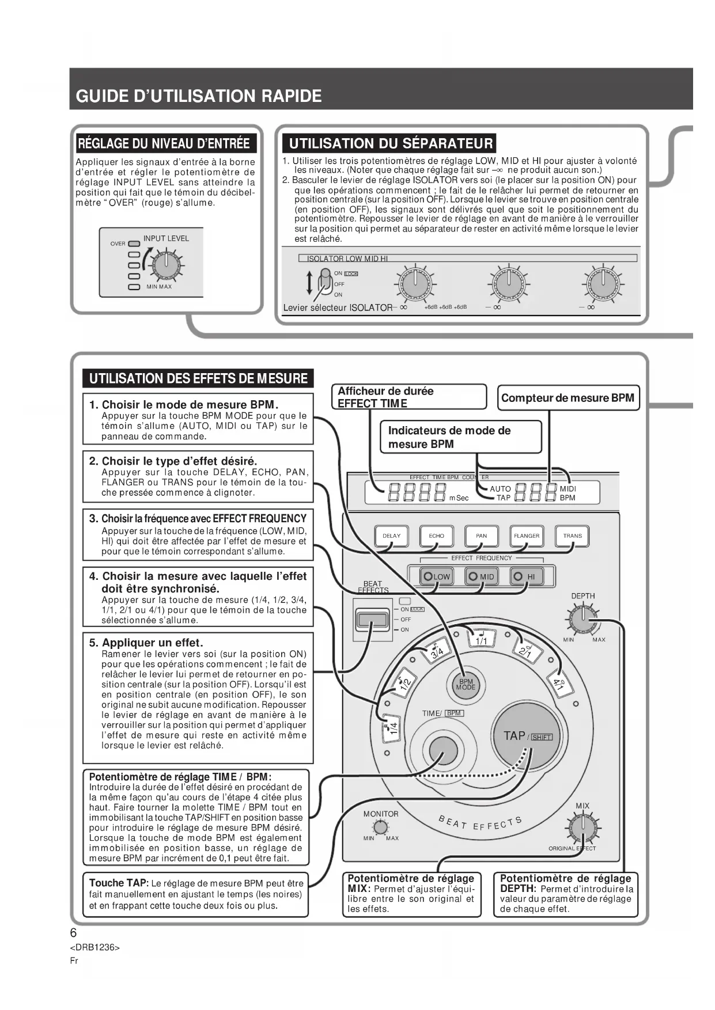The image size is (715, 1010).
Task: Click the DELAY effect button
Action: pyautogui.click(x=391, y=536)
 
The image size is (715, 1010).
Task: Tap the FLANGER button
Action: pyautogui.click(x=527, y=536)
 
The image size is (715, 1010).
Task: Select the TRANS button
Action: pyautogui.click(x=572, y=536)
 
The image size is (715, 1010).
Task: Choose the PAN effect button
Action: pyautogui.click(x=481, y=536)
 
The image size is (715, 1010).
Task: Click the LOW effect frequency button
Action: pyautogui.click(x=436, y=576)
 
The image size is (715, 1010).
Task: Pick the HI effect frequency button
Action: pyautogui.click(x=526, y=576)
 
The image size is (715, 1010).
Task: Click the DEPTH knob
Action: pyautogui.click(x=583, y=619)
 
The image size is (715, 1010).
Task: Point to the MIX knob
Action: pyautogui.click(x=583, y=827)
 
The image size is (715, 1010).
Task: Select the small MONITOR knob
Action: pyautogui.click(x=380, y=827)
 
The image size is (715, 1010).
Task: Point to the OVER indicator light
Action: pyautogui.click(x=134, y=244)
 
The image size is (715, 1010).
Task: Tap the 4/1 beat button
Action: pyautogui.click(x=558, y=685)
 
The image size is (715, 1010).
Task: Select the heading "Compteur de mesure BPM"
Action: pyautogui.click(x=568, y=398)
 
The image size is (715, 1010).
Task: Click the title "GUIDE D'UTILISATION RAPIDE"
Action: pyautogui.click(x=199, y=96)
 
